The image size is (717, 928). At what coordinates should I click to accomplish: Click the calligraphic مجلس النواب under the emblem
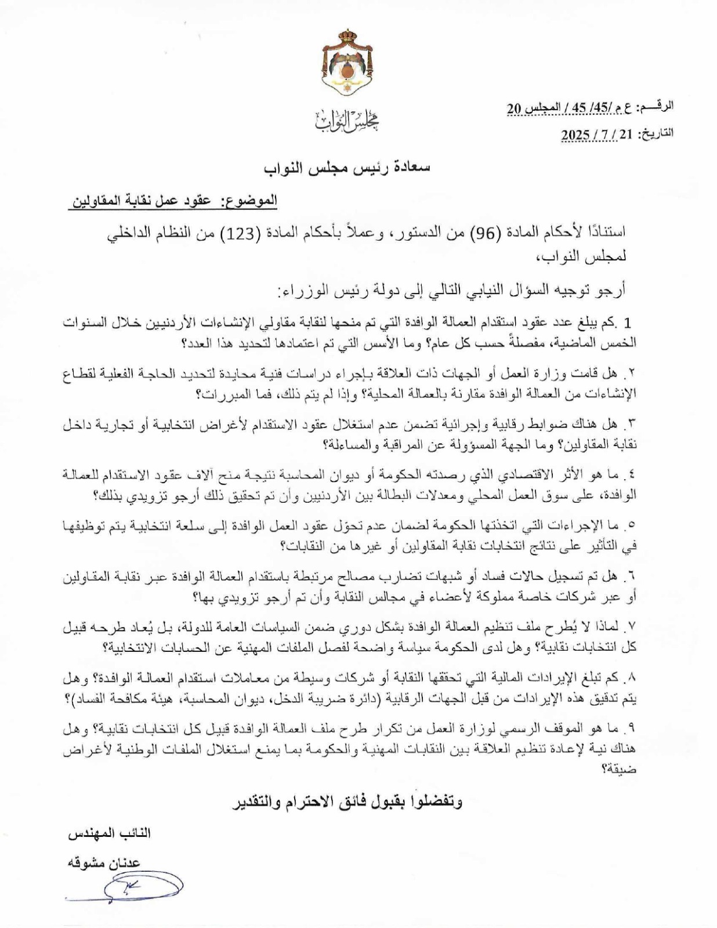(346, 119)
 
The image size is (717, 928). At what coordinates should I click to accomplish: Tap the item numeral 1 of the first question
(627, 322)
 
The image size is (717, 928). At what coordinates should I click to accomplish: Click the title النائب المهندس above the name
(110, 833)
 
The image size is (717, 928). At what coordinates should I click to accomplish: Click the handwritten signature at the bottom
(139, 887)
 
